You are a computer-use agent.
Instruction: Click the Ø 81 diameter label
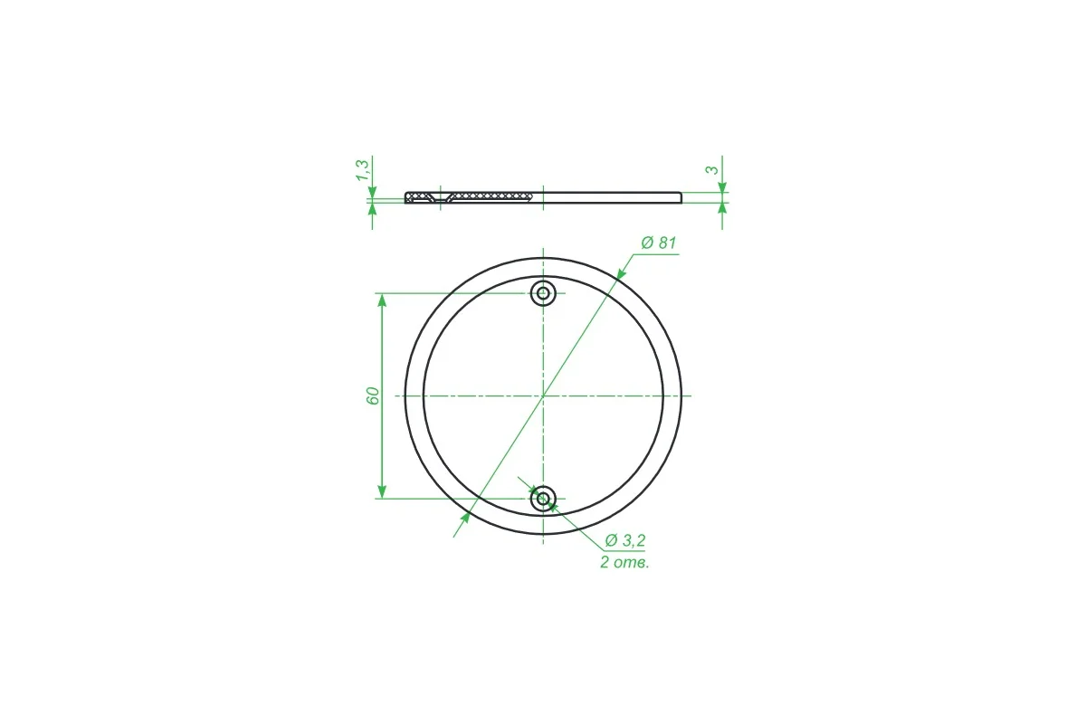(x=659, y=243)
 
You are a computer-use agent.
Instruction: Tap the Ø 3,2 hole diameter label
(x=625, y=539)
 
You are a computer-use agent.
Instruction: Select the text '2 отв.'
(x=624, y=563)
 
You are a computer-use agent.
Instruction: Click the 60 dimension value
(x=372, y=395)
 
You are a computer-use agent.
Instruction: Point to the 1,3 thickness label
(x=363, y=170)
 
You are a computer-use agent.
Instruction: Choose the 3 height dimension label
(x=712, y=170)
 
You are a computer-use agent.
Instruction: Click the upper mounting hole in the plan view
(x=543, y=293)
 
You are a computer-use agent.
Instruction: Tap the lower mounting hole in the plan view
(x=543, y=499)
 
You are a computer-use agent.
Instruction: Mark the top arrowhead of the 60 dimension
(x=382, y=300)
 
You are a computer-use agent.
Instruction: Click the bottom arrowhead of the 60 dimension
(x=382, y=491)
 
